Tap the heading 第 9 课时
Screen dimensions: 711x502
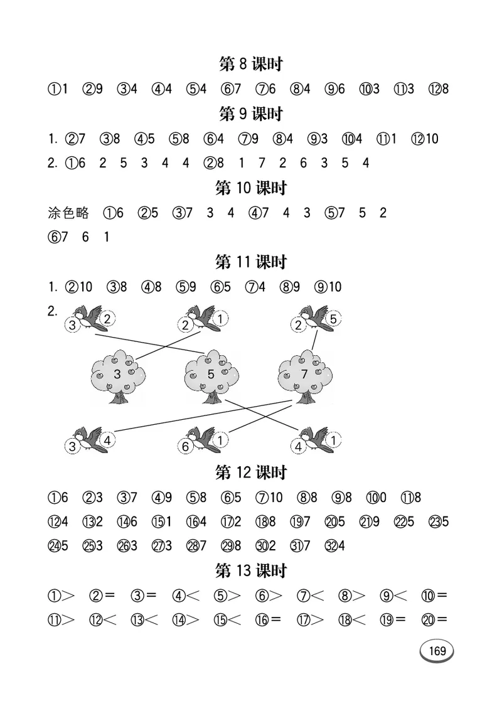pyautogui.click(x=250, y=114)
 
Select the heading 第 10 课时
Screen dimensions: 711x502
pyautogui.click(x=250, y=188)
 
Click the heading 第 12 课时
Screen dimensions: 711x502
pyautogui.click(x=250, y=472)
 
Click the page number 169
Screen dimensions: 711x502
pyautogui.click(x=437, y=651)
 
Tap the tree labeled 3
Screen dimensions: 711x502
pyautogui.click(x=118, y=377)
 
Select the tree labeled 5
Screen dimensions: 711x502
pyautogui.click(x=211, y=377)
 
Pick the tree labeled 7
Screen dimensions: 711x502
pyautogui.click(x=306, y=377)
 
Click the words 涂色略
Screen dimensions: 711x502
pyautogui.click(x=68, y=213)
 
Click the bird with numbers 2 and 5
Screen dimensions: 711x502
pyautogui.click(x=317, y=319)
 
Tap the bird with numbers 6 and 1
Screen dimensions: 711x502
pyautogui.click(x=203, y=441)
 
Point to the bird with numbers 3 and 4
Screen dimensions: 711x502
pyautogui.click(x=88, y=441)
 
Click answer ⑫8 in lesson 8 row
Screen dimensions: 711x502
pyautogui.click(x=438, y=89)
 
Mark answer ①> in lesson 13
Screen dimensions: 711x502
pyautogui.click(x=61, y=595)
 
